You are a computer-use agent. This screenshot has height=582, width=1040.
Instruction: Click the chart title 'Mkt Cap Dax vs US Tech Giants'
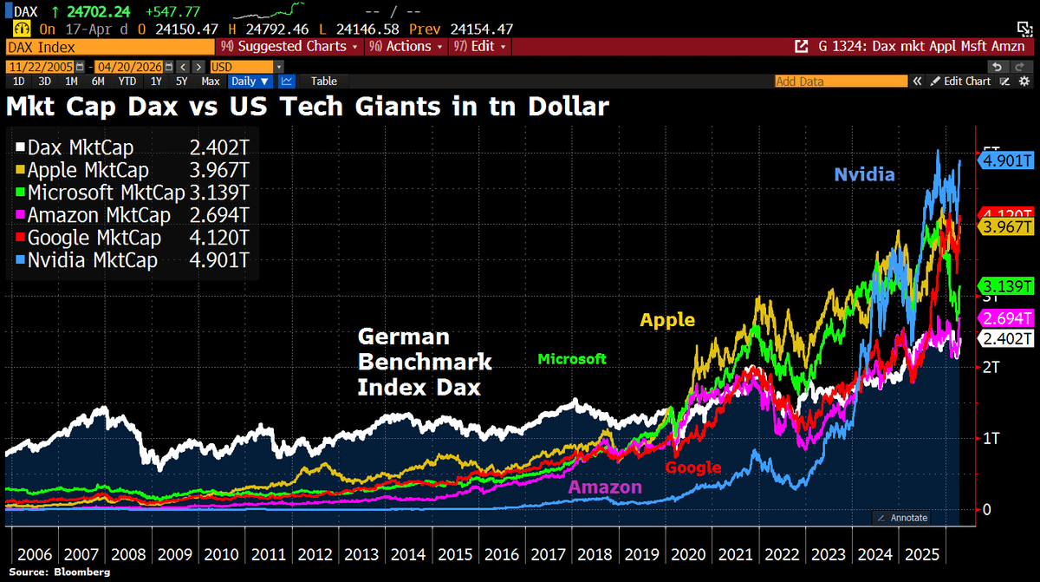point(308,108)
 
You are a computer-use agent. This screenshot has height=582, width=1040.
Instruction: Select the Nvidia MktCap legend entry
point(92,260)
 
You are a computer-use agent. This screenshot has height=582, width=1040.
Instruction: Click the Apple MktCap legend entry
point(88,170)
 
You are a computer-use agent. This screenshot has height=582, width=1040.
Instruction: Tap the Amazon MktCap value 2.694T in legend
point(221,215)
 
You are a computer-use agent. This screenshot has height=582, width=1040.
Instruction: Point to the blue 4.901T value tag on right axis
point(1005,160)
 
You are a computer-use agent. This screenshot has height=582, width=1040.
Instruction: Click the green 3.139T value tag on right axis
point(1005,286)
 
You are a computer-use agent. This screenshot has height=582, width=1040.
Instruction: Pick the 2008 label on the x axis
point(129,554)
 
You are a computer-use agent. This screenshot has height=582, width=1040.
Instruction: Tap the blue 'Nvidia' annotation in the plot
point(864,175)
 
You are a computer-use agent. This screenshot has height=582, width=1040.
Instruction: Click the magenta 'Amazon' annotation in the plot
point(605,487)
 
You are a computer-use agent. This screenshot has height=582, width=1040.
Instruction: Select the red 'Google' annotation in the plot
point(692,468)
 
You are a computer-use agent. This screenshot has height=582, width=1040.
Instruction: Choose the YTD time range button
point(127,81)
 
